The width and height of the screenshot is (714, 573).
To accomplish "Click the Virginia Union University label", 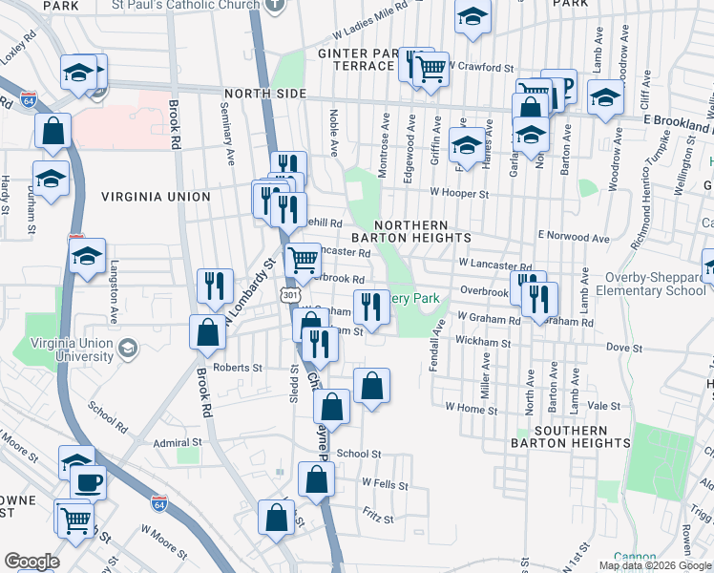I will click(57, 350).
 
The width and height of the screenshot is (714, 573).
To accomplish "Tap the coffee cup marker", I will click(88, 481).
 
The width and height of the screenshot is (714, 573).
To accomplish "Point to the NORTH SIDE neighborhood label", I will click(264, 94).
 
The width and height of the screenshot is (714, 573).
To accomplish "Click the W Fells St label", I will click(384, 485).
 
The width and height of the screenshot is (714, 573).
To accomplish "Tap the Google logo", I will click(31, 561).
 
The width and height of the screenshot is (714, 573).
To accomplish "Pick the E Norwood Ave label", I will click(573, 236).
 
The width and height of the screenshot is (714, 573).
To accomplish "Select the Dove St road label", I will click(624, 349).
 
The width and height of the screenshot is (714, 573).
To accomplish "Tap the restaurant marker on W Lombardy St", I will click(215, 286).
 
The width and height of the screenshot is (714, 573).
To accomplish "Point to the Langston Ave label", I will click(114, 291).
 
